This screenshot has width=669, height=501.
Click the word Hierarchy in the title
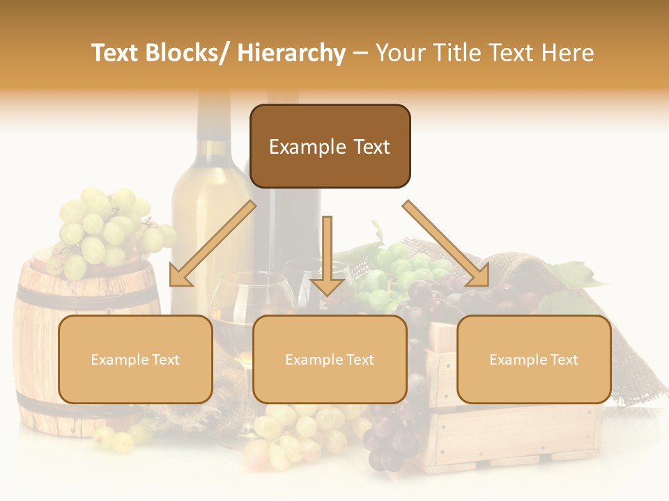coord(291,53)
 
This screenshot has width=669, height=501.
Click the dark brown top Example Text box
coord(330,147)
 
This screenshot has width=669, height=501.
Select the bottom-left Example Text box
coord(135,360)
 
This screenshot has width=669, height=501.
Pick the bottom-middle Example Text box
coord(330,360)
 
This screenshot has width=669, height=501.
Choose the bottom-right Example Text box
coord(534,360)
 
